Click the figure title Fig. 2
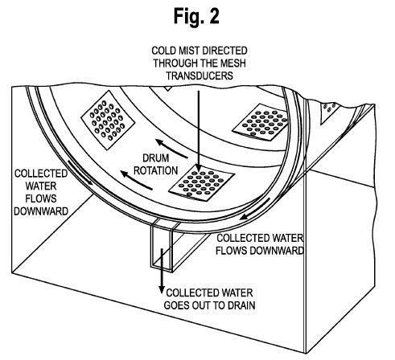(x=196, y=16)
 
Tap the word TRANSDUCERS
(x=200, y=76)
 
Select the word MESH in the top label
(x=232, y=63)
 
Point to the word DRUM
(x=156, y=158)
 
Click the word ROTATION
(x=156, y=170)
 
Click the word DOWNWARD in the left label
(x=41, y=211)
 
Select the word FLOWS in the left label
(x=41, y=198)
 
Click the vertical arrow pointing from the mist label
(x=199, y=131)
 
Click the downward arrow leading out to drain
(x=162, y=271)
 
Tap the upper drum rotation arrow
(x=171, y=149)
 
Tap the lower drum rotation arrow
(x=137, y=180)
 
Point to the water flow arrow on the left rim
(x=80, y=173)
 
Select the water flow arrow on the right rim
(x=255, y=209)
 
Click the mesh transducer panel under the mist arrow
(x=202, y=182)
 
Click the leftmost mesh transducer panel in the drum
(x=108, y=120)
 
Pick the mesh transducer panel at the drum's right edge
(x=261, y=122)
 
